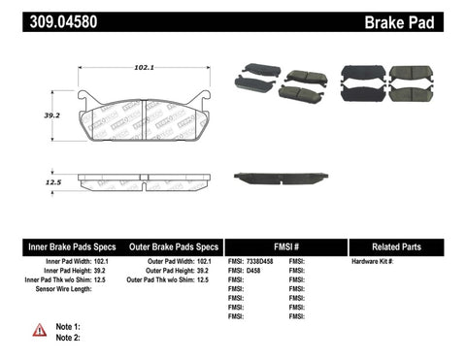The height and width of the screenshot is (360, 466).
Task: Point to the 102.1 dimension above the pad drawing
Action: point(145,68)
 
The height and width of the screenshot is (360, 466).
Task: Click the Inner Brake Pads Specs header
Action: point(57,246)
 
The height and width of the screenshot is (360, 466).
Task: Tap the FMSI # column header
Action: point(286,246)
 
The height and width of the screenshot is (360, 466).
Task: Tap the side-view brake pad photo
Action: point(281,178)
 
